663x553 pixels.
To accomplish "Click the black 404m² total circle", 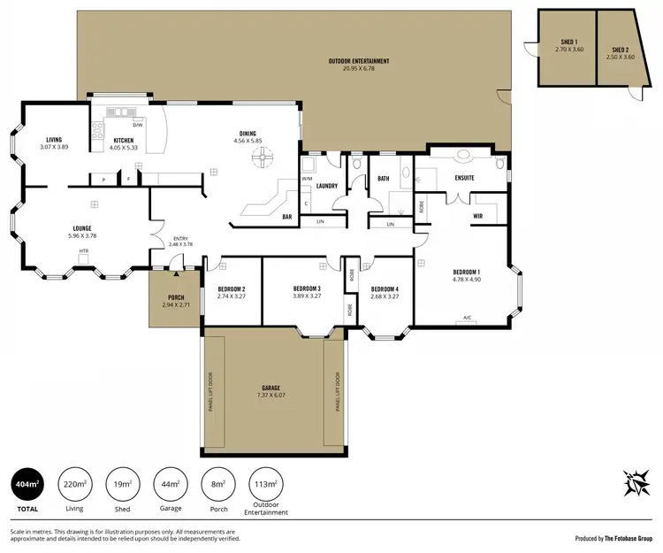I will coord(26,484).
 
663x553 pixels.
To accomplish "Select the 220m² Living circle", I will coord(74,484).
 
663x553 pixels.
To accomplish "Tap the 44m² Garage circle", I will coord(171,484).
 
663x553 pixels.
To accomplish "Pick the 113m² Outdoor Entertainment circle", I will coord(266,484).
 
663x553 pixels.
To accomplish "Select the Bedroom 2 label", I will coord(231,289).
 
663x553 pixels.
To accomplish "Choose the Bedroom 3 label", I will coord(306,289).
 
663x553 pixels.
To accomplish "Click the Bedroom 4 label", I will coord(385,289).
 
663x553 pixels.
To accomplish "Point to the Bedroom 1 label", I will coord(466,272).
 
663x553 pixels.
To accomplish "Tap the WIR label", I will coord(477,215).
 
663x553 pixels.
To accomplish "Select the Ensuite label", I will coord(465,178).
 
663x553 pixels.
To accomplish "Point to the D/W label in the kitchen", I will coord(137,126).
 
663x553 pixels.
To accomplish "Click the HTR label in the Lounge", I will coord(84,250).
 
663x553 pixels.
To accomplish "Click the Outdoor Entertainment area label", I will coord(359,61).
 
